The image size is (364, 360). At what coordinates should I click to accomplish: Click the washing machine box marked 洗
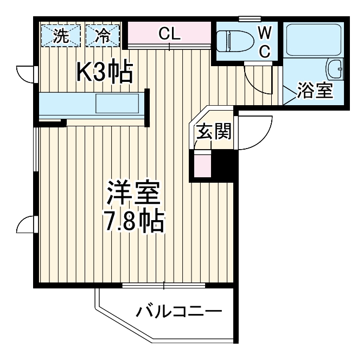point(62,36)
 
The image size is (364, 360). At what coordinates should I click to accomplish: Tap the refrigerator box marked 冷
point(103,36)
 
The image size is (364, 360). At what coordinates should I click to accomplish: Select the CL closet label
point(169,34)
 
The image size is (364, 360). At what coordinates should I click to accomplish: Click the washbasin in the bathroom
point(335,70)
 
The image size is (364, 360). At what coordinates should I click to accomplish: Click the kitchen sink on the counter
point(117,103)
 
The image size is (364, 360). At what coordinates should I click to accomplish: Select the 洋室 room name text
point(133,192)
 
